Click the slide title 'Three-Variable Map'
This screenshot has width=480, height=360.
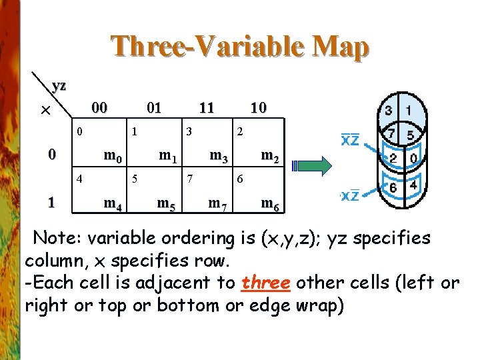tap(239, 47)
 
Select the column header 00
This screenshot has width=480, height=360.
tap(99, 107)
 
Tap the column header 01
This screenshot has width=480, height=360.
tap(154, 107)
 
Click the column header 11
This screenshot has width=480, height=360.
tap(207, 107)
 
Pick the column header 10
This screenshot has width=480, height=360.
tap(259, 107)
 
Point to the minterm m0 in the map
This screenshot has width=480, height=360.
tap(111, 157)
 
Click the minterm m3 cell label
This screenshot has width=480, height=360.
tap(218, 157)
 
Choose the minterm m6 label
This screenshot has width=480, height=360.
tap(269, 203)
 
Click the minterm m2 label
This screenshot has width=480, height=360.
tap(269, 157)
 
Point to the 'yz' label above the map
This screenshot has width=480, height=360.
tap(59, 85)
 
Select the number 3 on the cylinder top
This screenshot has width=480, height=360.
tap(388, 109)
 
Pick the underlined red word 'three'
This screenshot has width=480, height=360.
tap(267, 282)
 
